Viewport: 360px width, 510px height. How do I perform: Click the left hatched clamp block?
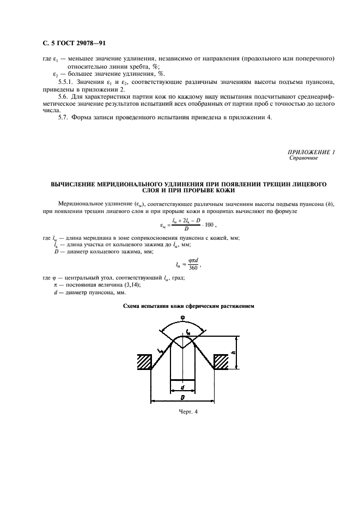(144, 361)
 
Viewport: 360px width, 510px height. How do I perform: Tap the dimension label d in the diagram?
(182, 387)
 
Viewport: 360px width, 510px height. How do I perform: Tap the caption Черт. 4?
(182, 411)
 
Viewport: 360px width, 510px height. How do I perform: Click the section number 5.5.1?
(67, 81)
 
